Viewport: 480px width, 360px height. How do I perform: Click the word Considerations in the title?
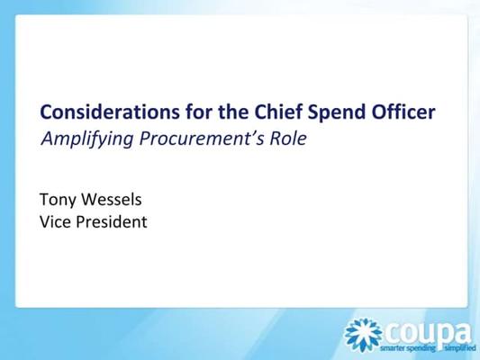110,112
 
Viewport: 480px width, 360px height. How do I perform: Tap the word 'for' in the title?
198,112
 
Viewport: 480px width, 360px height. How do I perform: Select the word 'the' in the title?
233,112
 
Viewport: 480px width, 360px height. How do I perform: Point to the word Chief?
278,112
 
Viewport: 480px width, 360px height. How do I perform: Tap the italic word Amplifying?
87,139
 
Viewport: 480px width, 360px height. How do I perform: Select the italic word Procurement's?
202,139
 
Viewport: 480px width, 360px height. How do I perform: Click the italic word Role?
288,138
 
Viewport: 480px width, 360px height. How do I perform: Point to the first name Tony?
59,201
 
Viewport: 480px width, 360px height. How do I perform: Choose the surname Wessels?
112,200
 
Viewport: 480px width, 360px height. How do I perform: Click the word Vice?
55,221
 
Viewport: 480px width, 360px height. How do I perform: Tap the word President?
112,221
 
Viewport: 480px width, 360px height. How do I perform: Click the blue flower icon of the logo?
363,335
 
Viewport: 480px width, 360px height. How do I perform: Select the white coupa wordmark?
428,334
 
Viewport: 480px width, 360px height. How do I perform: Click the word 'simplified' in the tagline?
461,347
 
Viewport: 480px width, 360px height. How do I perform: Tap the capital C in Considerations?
46,112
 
